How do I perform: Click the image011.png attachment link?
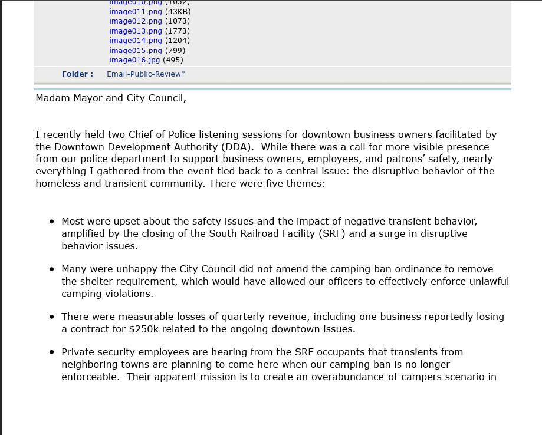click(x=135, y=11)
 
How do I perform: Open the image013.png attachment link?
click(x=135, y=31)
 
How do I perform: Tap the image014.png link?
click(x=135, y=40)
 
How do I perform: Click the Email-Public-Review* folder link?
click(x=146, y=74)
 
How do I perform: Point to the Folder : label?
click(x=77, y=74)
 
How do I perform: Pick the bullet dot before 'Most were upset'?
click(x=52, y=222)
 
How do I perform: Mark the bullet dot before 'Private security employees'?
click(x=52, y=352)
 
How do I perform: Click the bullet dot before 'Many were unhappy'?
click(x=52, y=269)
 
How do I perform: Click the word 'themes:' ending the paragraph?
click(x=306, y=183)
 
